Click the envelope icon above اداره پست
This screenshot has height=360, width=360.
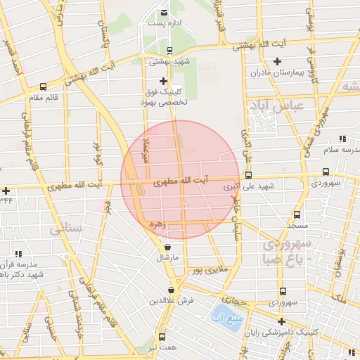[x=164, y=13]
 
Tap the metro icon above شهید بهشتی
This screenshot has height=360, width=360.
[x=169, y=50]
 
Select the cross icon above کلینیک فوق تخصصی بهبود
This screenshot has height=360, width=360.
[x=164, y=81]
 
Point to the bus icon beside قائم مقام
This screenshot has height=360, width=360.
[x=44, y=88]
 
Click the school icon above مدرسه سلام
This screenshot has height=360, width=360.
[x=342, y=139]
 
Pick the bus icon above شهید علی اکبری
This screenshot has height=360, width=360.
[x=248, y=175]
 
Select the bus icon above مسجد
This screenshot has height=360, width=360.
[x=297, y=214]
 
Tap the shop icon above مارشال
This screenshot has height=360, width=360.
[x=167, y=247]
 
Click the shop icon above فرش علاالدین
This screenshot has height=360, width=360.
[x=172, y=290]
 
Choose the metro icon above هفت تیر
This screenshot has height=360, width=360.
[x=162, y=337]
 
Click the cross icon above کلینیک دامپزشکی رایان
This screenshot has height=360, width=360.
[x=282, y=321]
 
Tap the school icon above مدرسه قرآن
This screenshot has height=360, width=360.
[x=19, y=253]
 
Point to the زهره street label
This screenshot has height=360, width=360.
[x=157, y=224]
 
